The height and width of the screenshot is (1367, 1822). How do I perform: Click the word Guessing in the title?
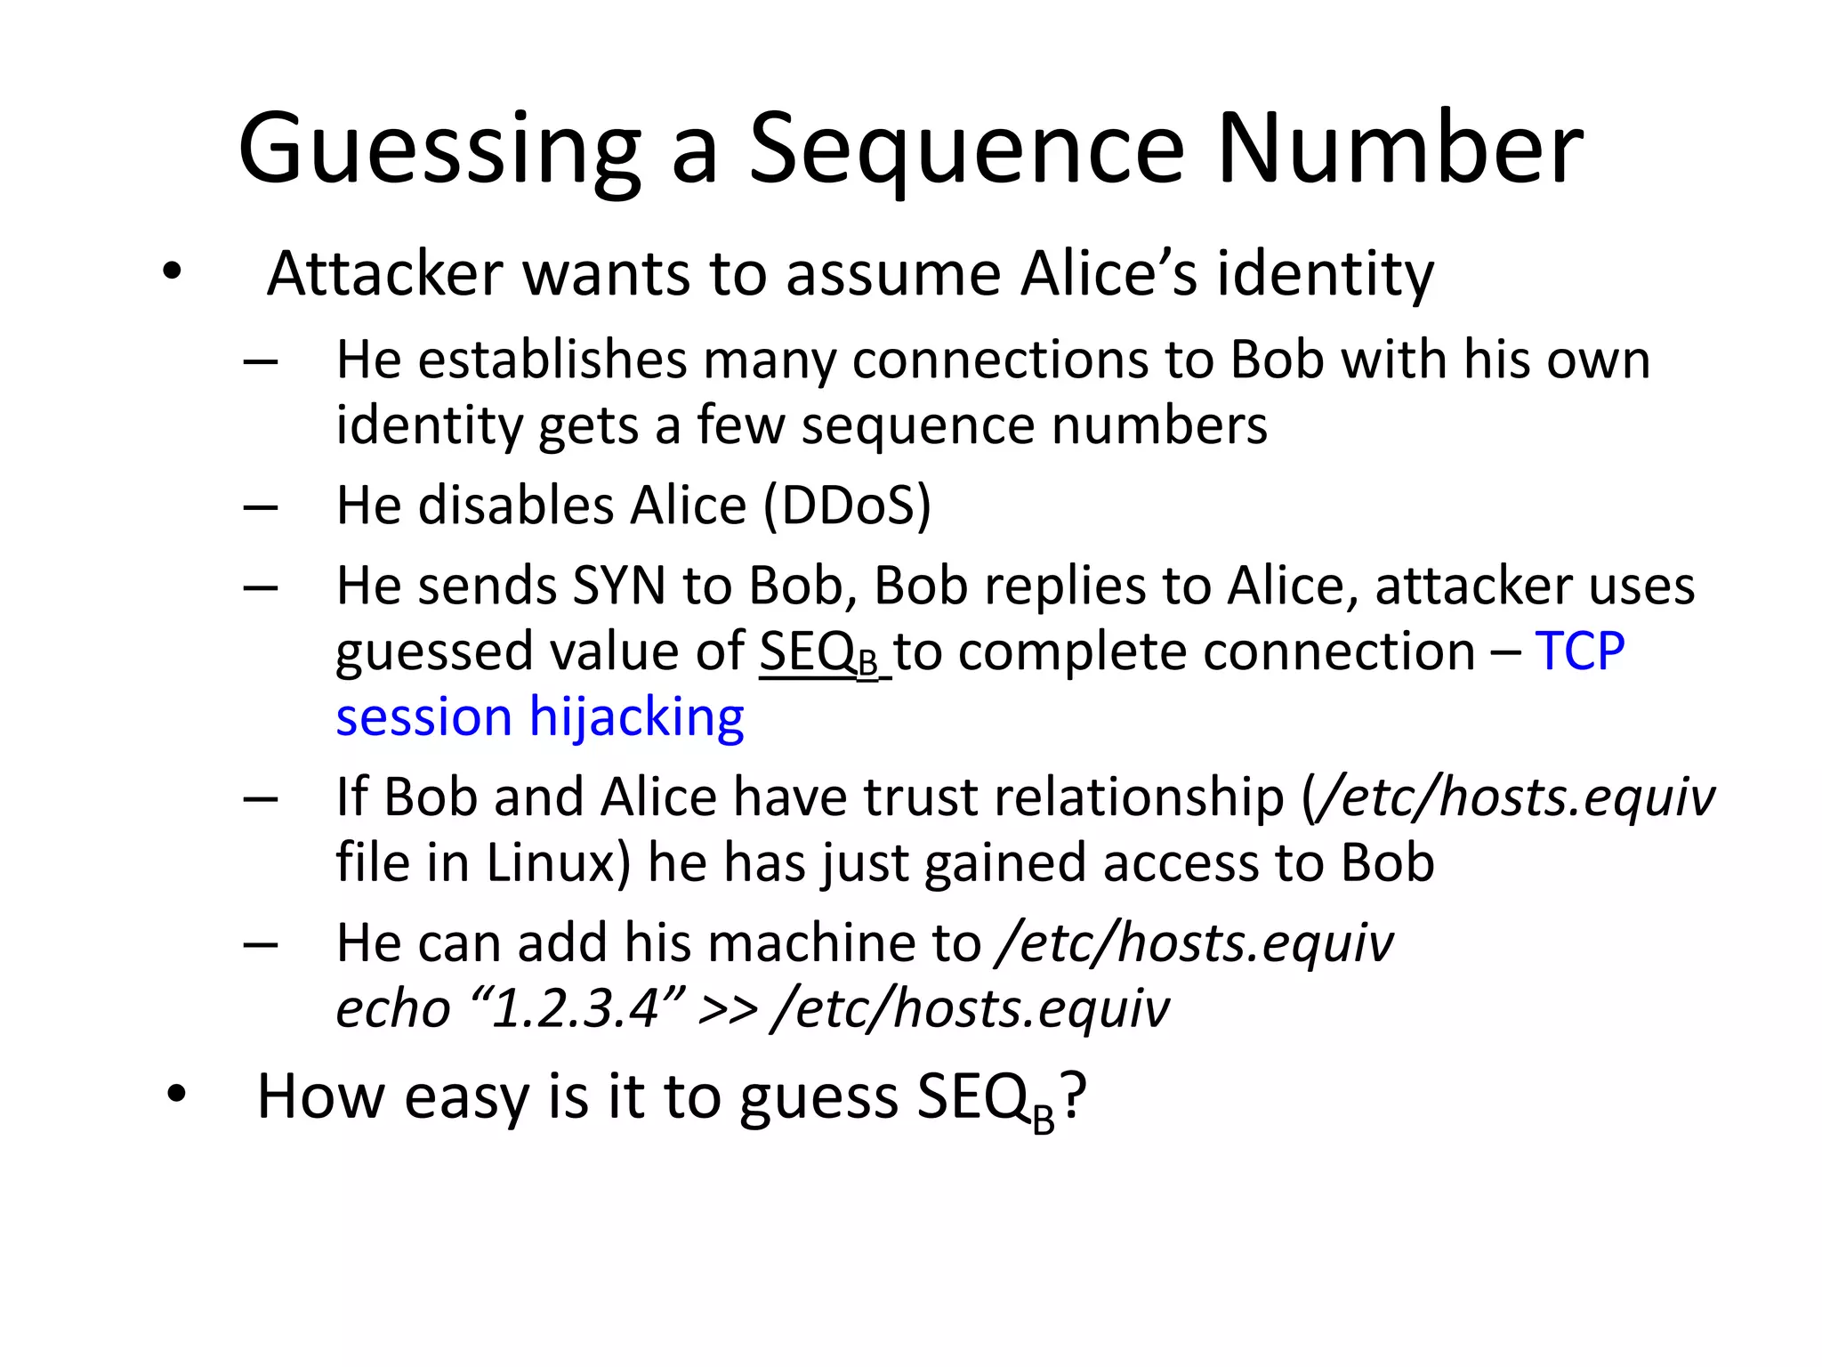(x=439, y=149)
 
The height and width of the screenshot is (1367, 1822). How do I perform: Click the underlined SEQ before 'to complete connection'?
(x=807, y=651)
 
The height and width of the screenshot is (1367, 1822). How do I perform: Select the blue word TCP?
(x=1580, y=651)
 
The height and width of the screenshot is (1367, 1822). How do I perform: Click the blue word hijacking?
(x=637, y=717)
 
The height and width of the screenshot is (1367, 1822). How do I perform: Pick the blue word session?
(x=423, y=717)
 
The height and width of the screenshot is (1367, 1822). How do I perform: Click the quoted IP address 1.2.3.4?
(x=576, y=1009)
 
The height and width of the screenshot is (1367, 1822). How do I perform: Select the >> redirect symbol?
(x=729, y=1009)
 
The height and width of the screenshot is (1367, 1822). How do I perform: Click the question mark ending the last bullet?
(x=1074, y=1096)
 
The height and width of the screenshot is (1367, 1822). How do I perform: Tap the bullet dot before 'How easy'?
(x=176, y=1095)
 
